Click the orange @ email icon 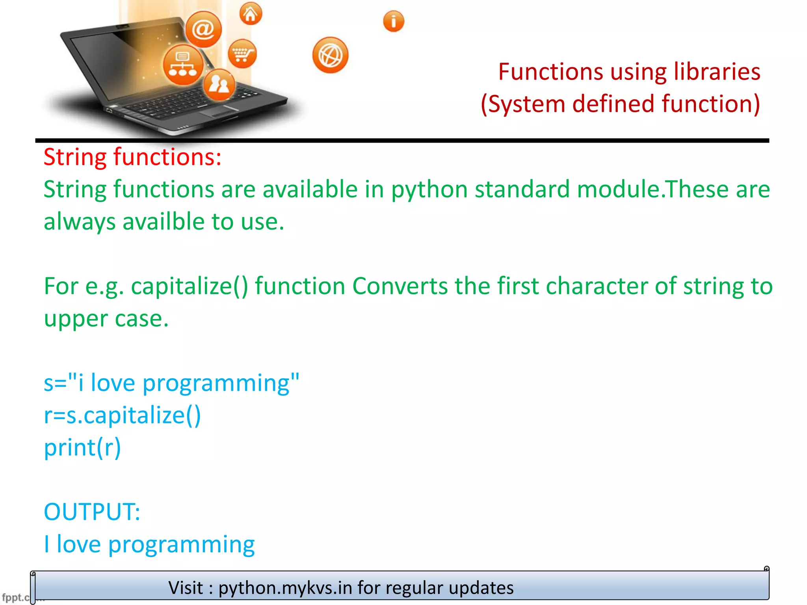click(x=203, y=30)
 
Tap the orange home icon click(x=251, y=14)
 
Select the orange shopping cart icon click(x=242, y=54)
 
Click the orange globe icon click(x=330, y=55)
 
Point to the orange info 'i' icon click(x=393, y=21)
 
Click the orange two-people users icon click(x=219, y=84)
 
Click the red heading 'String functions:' click(x=132, y=157)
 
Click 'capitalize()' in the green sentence click(x=190, y=286)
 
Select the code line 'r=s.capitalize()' click(x=122, y=415)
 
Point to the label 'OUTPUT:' click(x=92, y=512)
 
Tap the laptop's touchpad click(x=219, y=111)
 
